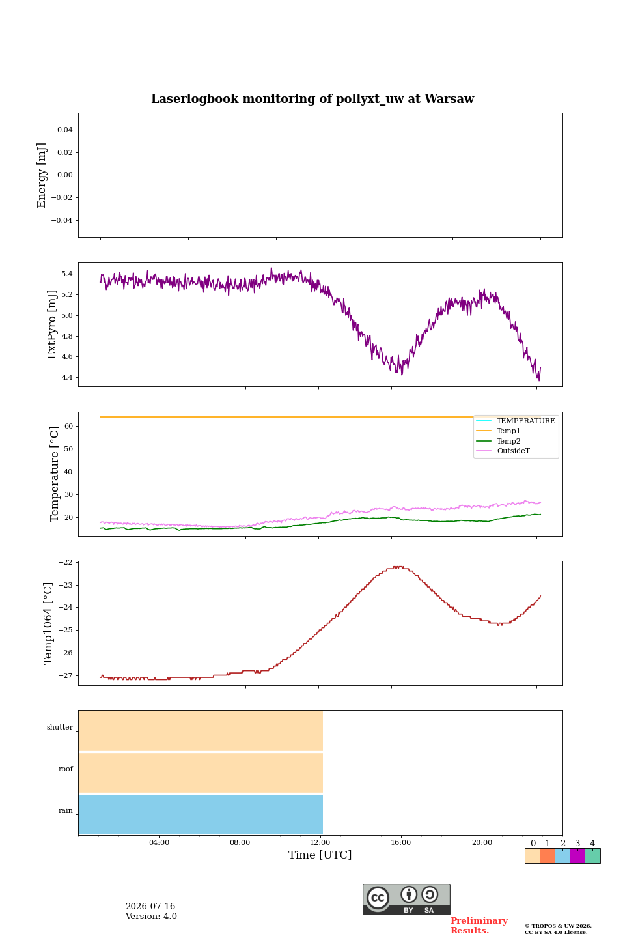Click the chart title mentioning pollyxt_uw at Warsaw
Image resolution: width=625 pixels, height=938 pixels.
[x=312, y=99]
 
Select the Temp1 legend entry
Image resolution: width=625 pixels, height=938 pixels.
[x=508, y=431]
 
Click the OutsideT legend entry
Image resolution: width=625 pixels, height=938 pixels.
[x=513, y=451]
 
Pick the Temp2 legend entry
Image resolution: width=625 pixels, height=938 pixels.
[x=508, y=441]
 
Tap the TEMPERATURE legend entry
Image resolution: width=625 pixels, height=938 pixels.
[x=526, y=421]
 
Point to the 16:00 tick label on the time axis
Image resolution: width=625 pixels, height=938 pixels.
[x=400, y=842]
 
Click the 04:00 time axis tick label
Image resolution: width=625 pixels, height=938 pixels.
[x=159, y=842]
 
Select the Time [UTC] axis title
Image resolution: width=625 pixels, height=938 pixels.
[x=320, y=855]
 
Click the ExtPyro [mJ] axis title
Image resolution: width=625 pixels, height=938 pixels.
[x=51, y=324]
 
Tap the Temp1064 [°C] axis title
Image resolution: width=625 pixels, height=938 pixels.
[x=48, y=623]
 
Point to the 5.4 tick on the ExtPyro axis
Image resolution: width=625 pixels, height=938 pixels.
[x=67, y=274]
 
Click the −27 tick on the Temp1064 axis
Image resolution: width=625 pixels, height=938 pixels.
[x=65, y=675]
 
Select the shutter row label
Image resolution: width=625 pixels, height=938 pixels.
[x=60, y=727]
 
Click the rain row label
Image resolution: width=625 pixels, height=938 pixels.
[x=65, y=810]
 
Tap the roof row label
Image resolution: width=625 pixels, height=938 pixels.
[x=66, y=769]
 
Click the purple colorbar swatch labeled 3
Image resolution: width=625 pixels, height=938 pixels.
[x=577, y=856]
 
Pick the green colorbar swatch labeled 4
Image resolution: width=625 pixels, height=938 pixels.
[x=592, y=856]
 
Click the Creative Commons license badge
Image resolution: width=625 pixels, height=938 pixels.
[x=406, y=899]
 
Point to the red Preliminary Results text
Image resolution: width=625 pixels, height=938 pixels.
[x=479, y=926]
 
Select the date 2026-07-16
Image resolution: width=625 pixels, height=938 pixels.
[x=150, y=906]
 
